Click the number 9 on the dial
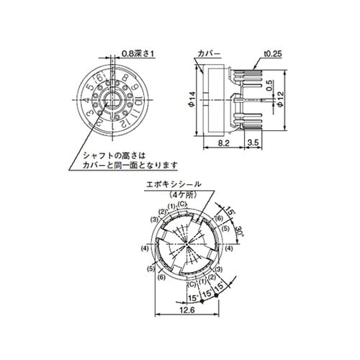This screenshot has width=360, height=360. (x=136, y=86)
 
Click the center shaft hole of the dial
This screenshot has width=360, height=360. (x=112, y=101)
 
